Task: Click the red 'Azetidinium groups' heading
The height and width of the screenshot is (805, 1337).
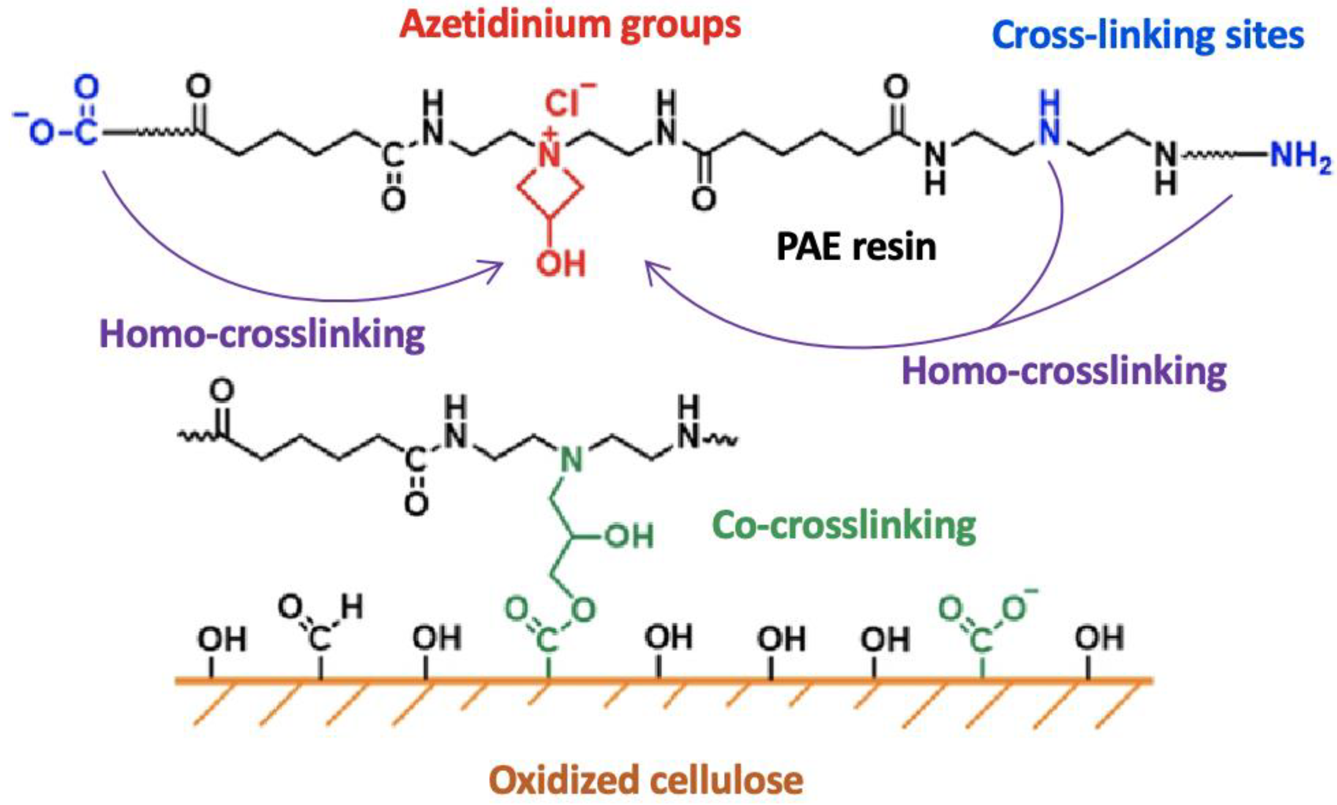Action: point(570,24)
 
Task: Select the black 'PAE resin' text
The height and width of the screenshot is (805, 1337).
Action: point(856,247)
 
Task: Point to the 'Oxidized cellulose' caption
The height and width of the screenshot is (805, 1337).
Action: point(645,780)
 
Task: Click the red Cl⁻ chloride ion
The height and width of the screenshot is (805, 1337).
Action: point(566,102)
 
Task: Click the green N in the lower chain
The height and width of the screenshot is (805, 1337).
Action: point(571,461)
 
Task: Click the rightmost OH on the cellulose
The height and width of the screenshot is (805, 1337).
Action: point(1099,638)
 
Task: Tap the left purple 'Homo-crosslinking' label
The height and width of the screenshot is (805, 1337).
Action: point(262,335)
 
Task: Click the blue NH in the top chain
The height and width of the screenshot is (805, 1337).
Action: point(1050,122)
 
